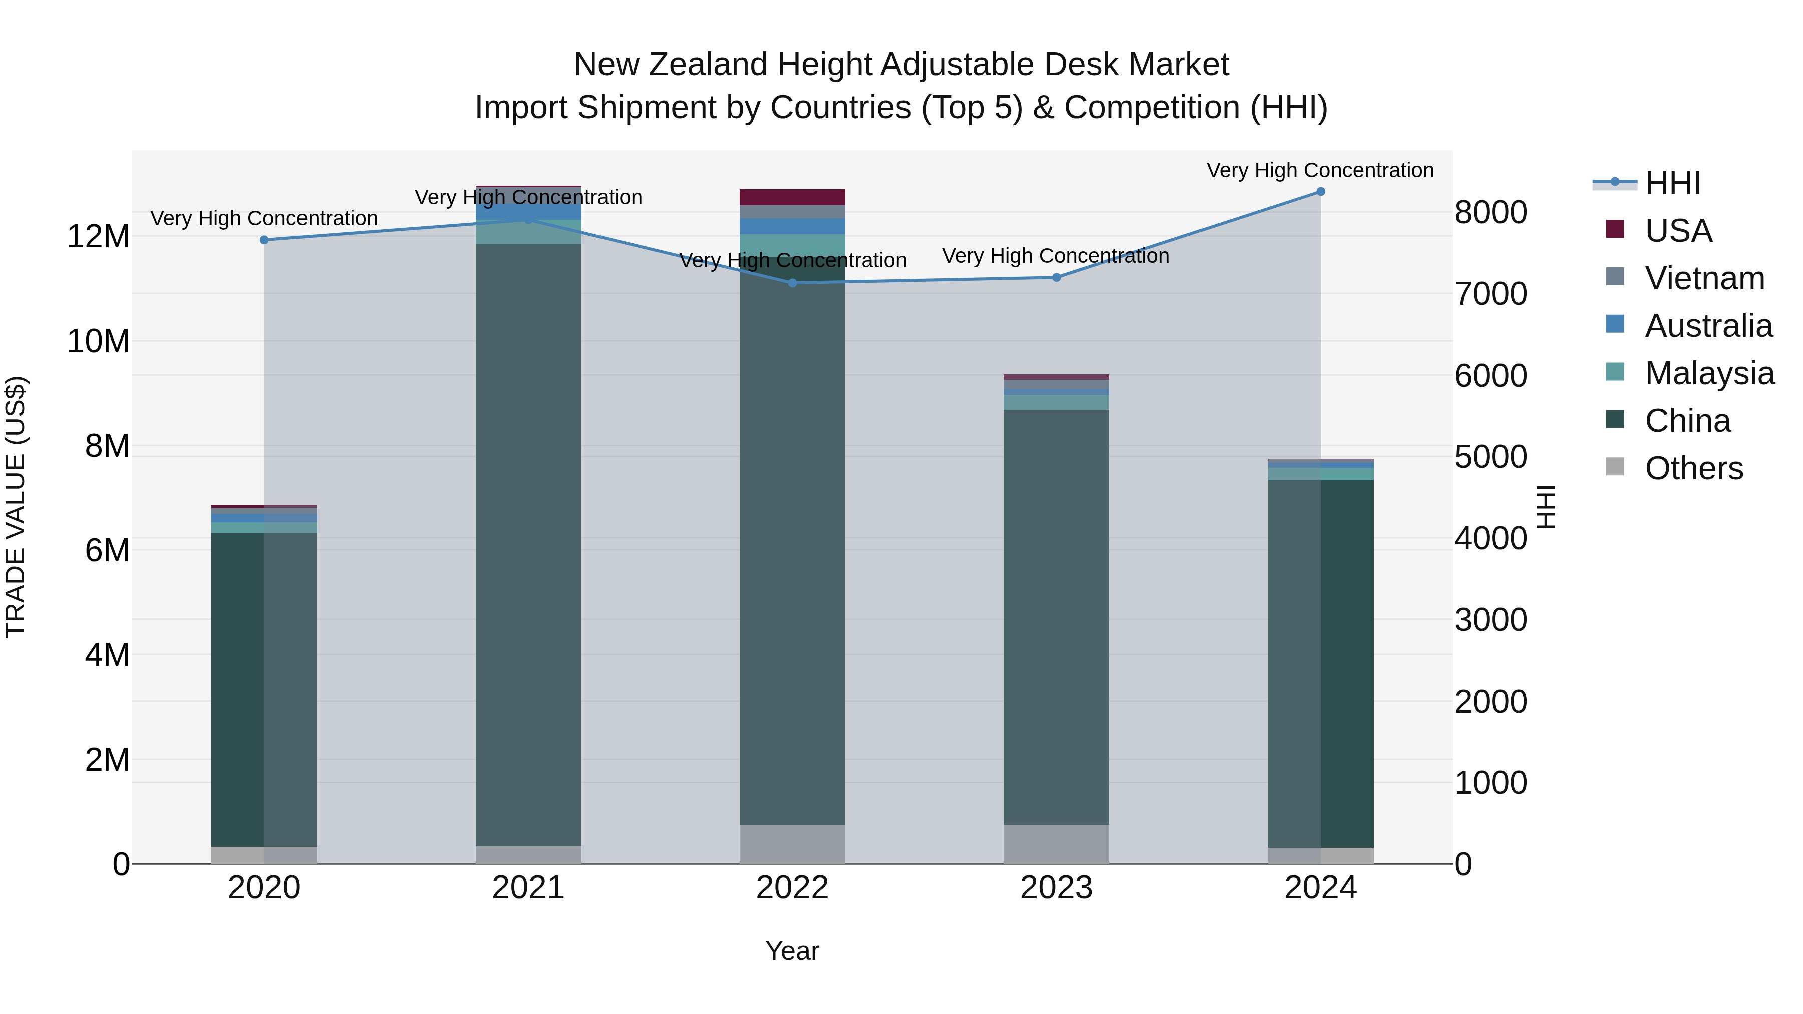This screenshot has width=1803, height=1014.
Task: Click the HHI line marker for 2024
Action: [x=1320, y=192]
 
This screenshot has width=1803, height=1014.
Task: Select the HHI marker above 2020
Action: [x=264, y=240]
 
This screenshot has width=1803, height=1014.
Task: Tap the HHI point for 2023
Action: [x=1056, y=278]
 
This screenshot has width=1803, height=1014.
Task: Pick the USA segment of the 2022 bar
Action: [x=792, y=197]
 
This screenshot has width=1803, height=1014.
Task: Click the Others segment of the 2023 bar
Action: [x=1056, y=843]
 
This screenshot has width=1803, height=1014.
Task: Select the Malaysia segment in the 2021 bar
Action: [x=528, y=232]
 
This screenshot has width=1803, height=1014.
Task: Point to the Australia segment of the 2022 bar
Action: [x=792, y=226]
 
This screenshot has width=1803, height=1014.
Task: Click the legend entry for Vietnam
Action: [x=1704, y=278]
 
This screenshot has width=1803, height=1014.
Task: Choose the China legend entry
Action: [x=1687, y=421]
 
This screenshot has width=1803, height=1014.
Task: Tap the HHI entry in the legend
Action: [x=1672, y=183]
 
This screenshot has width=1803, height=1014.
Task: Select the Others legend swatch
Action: [x=1615, y=467]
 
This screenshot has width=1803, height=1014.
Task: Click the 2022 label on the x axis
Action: [x=792, y=888]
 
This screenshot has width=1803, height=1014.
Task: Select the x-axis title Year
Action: [x=792, y=951]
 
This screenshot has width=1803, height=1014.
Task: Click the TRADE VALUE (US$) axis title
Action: [x=16, y=507]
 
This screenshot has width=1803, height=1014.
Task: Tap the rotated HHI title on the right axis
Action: [x=1546, y=507]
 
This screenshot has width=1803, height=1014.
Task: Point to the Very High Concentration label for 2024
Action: [x=1320, y=170]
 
